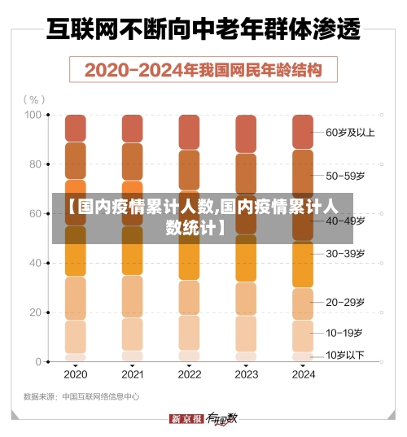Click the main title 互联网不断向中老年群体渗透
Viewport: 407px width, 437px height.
point(203,31)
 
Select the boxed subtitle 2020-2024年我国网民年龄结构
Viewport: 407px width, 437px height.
point(203,69)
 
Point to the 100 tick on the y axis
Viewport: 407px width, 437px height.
point(33,115)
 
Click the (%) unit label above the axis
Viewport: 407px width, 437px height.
point(33,99)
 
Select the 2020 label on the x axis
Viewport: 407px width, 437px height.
point(75,375)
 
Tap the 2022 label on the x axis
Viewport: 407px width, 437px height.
point(189,375)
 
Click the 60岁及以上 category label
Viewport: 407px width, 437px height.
point(350,132)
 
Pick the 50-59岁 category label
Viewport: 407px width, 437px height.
point(345,175)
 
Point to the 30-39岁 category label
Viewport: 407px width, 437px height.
point(345,253)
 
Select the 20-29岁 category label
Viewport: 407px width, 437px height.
point(345,302)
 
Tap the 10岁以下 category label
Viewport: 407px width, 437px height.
point(345,355)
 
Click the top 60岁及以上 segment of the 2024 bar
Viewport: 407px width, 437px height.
point(302,131)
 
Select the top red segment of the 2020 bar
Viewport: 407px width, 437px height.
point(76,128)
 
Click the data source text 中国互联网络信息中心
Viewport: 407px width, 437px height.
point(101,397)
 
